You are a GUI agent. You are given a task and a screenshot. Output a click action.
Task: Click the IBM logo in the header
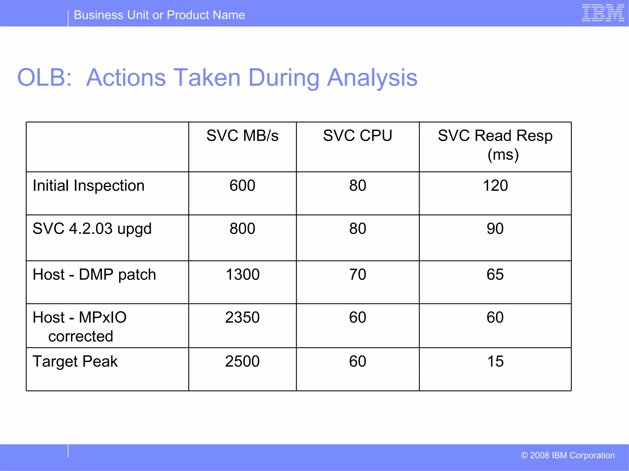click(x=603, y=13)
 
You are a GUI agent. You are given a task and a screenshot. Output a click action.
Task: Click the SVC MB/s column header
click(x=242, y=136)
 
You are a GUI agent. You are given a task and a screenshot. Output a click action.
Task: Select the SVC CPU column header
click(x=357, y=136)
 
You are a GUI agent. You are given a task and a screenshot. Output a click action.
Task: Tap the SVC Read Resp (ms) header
click(x=495, y=145)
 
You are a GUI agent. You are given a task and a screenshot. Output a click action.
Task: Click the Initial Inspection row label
click(x=88, y=186)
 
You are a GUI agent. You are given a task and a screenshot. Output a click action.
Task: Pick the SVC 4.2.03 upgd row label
click(x=92, y=229)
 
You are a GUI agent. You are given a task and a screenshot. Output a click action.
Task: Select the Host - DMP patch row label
click(x=94, y=274)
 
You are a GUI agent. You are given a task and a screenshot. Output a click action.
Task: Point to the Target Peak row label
click(x=75, y=361)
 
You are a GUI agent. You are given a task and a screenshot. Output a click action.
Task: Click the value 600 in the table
click(x=242, y=186)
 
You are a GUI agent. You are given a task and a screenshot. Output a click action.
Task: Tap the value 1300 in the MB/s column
click(x=242, y=274)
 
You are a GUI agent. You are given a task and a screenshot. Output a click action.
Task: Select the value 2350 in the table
click(x=242, y=317)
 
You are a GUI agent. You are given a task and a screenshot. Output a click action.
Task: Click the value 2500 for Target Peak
click(x=242, y=361)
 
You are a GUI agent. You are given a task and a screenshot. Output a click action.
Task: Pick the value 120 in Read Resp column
click(x=495, y=186)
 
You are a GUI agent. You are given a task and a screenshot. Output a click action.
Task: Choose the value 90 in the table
click(x=495, y=229)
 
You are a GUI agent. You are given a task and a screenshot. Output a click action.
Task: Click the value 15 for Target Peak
click(x=495, y=361)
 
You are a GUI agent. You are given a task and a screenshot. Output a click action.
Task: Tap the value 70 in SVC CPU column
click(x=357, y=274)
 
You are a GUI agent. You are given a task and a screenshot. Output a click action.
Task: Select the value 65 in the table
click(x=495, y=274)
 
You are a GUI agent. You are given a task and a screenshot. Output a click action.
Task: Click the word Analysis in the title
click(x=372, y=78)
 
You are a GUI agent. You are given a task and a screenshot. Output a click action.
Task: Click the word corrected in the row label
click(x=81, y=336)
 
